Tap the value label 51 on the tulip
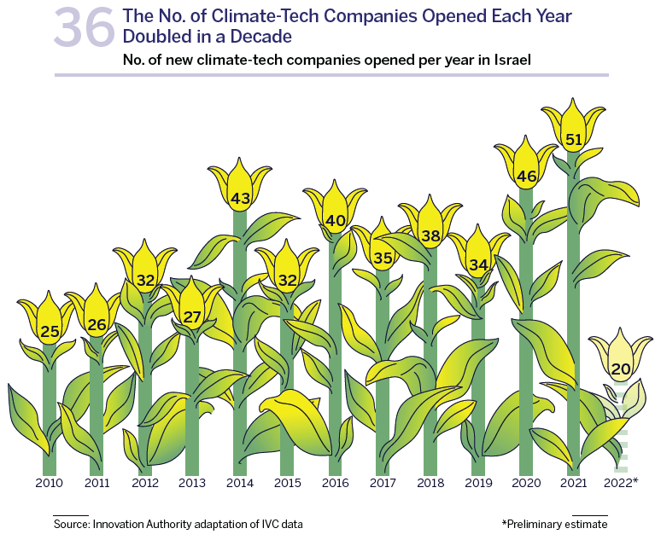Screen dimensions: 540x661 [x=574, y=139]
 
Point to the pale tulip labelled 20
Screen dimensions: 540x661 [x=621, y=363]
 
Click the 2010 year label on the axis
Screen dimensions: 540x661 [x=50, y=484]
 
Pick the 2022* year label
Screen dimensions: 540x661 [x=621, y=484]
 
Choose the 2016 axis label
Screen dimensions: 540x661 [x=335, y=484]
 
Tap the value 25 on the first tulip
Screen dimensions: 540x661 [x=50, y=331]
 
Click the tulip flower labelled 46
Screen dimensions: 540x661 [x=526, y=171]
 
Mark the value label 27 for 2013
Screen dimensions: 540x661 [x=192, y=317]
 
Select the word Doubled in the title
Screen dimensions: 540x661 [x=158, y=37]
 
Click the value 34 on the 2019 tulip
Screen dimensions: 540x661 [x=478, y=264]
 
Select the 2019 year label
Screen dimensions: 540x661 [x=478, y=484]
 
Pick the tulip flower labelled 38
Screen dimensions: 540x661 [x=430, y=230]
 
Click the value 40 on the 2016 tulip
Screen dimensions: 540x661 [x=336, y=220]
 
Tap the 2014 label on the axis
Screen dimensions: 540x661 [x=240, y=484]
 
